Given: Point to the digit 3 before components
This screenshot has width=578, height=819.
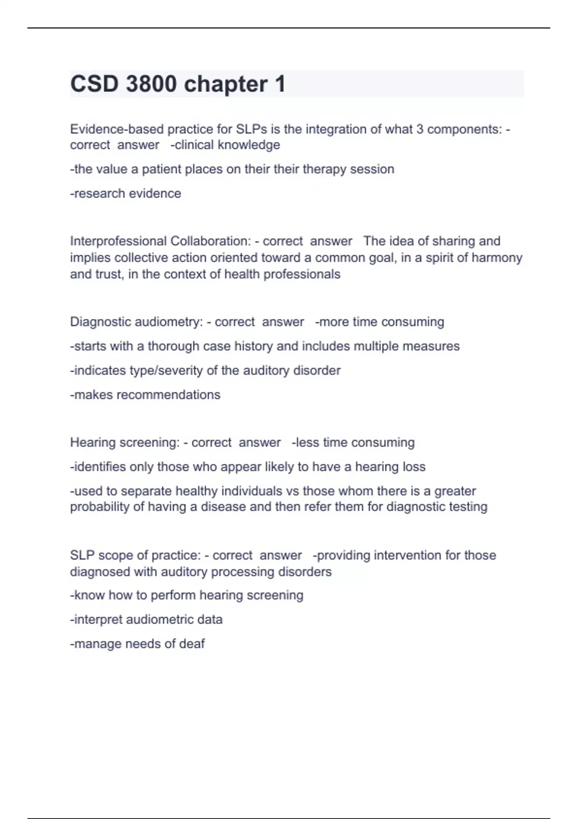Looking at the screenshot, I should click(420, 129).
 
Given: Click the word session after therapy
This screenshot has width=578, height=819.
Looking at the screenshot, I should click(372, 169).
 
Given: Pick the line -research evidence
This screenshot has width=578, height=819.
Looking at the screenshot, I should click(126, 193).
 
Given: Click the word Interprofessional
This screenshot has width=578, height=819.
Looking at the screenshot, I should click(118, 241).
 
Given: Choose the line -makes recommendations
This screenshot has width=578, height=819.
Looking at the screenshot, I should click(145, 395).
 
